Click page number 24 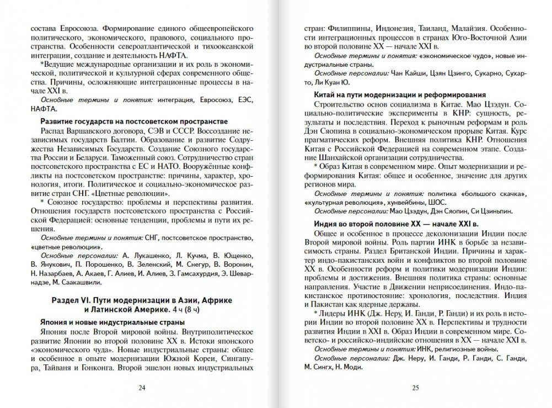[x=142, y=388]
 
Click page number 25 [x=416, y=388]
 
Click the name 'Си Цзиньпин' [x=492, y=210]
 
